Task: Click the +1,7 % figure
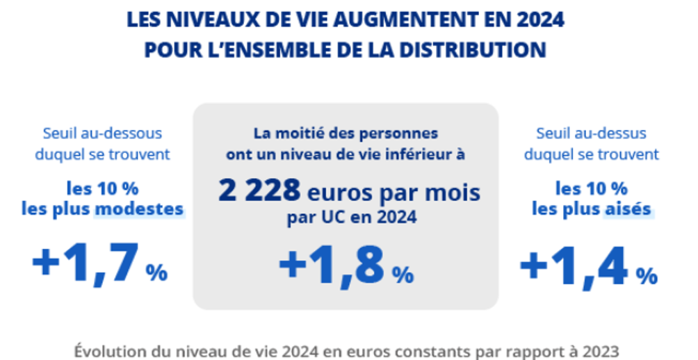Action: point(99,264)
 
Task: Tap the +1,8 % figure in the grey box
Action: point(346,266)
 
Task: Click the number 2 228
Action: point(259,190)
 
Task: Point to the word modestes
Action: point(139,208)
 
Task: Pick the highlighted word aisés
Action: point(628,208)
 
